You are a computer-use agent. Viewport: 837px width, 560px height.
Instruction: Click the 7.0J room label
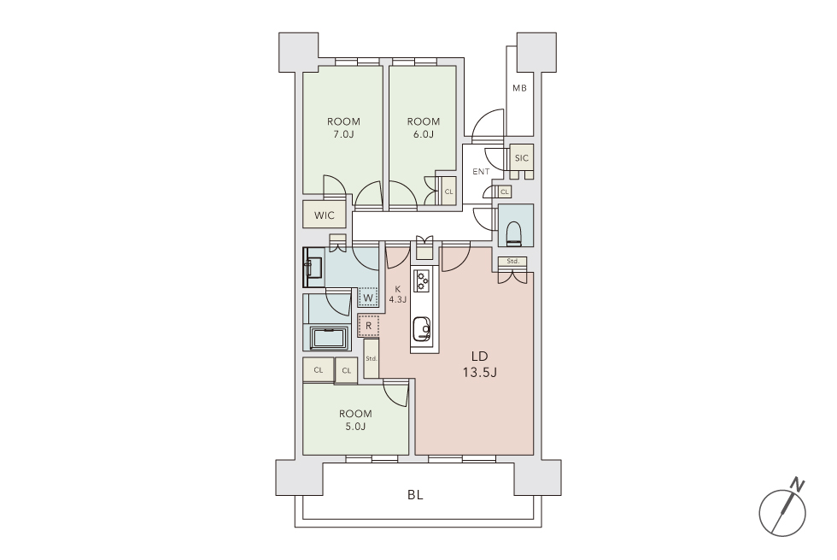tap(343, 127)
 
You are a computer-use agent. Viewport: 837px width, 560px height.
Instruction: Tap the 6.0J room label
tap(424, 127)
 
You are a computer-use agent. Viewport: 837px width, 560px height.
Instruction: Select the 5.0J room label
tap(355, 420)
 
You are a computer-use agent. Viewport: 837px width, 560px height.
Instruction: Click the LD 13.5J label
tap(479, 364)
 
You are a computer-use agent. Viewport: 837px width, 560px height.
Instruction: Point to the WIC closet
tap(324, 215)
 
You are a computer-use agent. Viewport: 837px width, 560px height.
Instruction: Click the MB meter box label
tap(519, 88)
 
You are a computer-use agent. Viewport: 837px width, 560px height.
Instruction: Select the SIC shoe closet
tap(522, 157)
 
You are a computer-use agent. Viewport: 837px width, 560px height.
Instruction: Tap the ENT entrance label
tap(481, 172)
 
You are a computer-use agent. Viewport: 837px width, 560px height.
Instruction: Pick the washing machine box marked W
tap(368, 298)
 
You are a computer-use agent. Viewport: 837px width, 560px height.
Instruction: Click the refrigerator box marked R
tap(368, 326)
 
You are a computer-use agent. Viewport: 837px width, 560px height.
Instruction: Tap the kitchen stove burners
tap(422, 281)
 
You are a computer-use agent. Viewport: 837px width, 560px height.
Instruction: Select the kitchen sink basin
tap(421, 328)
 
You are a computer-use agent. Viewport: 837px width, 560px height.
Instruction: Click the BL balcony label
tap(415, 495)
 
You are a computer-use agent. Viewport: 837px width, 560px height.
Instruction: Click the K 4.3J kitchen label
tap(398, 294)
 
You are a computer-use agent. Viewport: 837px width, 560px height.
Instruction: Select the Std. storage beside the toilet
tap(513, 262)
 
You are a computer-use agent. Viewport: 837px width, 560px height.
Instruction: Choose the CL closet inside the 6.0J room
tap(448, 191)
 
